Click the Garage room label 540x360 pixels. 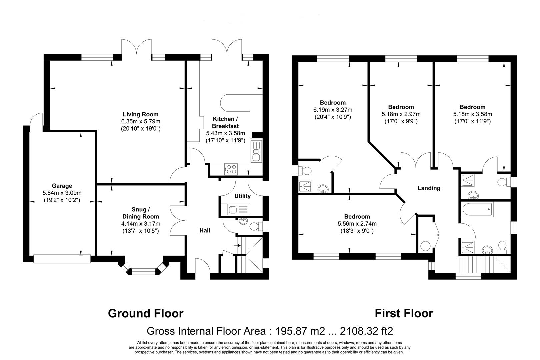tap(62, 186)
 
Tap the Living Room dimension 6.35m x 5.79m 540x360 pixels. tap(141, 121)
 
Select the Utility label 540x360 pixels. tap(242, 196)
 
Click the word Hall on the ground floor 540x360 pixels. tap(205, 231)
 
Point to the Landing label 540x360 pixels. tap(429, 188)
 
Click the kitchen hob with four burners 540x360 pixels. tap(231, 169)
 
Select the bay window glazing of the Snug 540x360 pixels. tap(144, 272)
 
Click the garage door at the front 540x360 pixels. tap(62, 259)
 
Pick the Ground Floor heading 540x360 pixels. tap(146, 313)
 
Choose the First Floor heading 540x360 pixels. tap(404, 313)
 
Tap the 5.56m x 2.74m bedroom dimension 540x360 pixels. tap(357, 224)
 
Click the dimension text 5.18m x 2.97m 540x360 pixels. tap(401, 114)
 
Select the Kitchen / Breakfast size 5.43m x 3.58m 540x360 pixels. tap(225, 133)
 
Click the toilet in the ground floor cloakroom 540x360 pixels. tap(256, 226)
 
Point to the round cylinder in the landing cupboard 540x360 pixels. tap(425, 246)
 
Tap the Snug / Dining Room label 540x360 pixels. tap(141, 213)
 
